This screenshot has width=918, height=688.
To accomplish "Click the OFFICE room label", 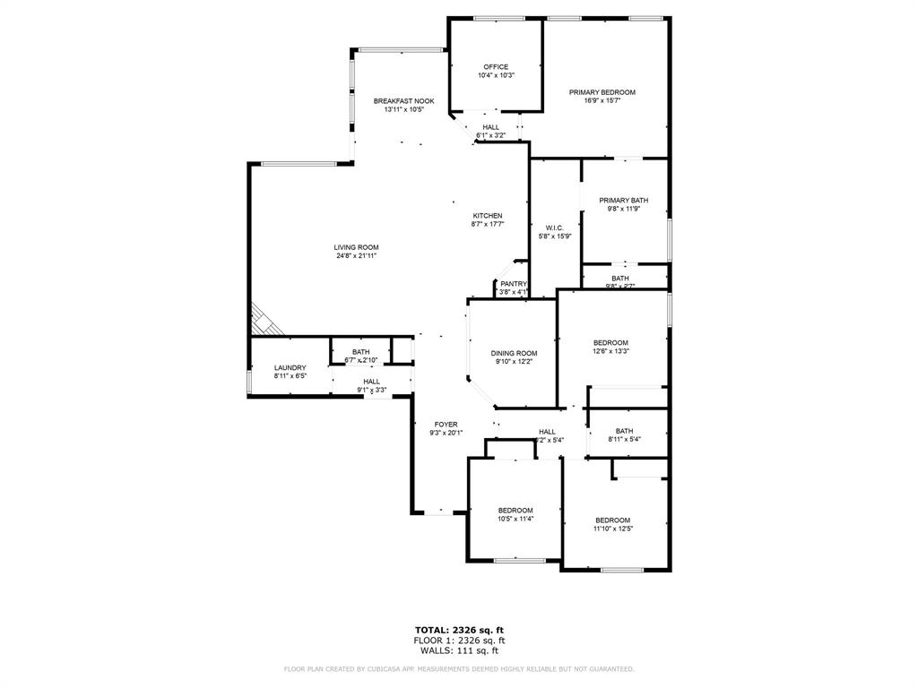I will point(496,67).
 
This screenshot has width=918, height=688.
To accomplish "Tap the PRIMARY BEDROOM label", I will point(602,92).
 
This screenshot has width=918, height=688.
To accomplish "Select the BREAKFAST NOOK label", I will point(403,101).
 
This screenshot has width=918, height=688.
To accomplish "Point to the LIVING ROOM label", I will point(357,247).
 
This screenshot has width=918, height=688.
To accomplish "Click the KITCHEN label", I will point(488,216).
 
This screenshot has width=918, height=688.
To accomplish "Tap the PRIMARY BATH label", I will point(624,201).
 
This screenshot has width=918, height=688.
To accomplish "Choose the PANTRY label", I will point(514,284).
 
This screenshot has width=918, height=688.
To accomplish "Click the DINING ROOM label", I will point(514,353).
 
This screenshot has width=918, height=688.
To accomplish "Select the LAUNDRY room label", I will point(290,367).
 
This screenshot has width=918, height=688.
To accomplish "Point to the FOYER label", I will point(446,425).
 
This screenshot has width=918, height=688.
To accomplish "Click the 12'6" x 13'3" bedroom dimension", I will point(611,351).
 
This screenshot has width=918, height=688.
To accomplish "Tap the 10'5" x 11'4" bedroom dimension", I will point(515,519).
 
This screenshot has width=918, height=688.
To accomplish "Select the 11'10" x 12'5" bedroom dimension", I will point(613,529).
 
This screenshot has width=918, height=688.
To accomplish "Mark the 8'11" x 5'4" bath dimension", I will point(624,439).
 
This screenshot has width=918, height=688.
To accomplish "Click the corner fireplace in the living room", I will point(263,317).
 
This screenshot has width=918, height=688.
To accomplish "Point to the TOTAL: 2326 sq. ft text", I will point(458,629).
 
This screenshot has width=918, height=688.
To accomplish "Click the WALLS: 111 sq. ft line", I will point(459,651).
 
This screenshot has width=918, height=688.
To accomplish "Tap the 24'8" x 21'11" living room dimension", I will point(357,256).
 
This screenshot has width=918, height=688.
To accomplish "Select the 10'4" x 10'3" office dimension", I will point(496,75).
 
